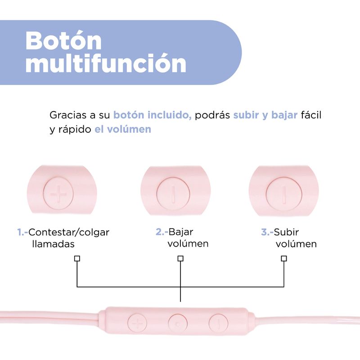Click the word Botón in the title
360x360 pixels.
(x=63, y=40)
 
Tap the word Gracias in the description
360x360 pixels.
(x=67, y=115)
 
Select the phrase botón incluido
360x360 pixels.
(x=153, y=115)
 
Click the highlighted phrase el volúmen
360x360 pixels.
(x=122, y=129)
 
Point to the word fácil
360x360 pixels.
(x=312, y=115)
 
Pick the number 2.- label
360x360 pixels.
(x=161, y=232)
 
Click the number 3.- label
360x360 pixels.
(x=267, y=232)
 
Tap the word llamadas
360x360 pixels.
(x=53, y=244)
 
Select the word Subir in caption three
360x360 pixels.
(x=287, y=232)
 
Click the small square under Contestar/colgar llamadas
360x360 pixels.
(x=76, y=259)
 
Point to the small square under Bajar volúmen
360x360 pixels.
(x=180, y=259)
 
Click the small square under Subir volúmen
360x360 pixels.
(x=284, y=259)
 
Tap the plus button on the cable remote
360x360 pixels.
(x=138, y=323)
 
